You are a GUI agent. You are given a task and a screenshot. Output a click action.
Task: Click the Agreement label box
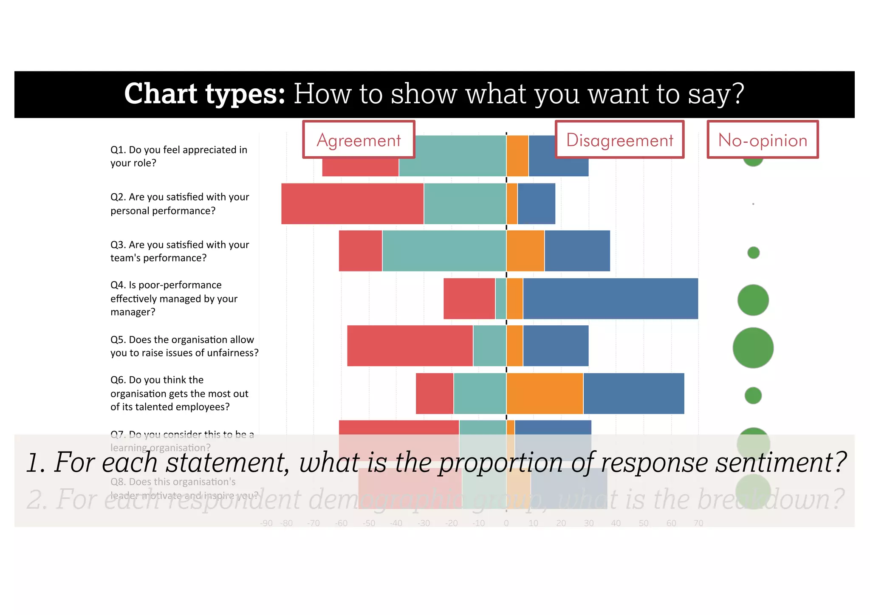(359, 140)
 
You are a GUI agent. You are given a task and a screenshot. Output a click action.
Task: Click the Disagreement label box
(619, 140)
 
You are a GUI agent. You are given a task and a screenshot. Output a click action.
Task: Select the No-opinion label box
(763, 140)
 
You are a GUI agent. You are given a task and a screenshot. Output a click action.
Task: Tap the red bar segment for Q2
(352, 204)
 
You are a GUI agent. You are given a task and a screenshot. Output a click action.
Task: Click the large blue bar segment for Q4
(610, 299)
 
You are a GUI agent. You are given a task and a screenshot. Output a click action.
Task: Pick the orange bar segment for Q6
(545, 393)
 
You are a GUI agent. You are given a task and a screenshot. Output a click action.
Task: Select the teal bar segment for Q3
(444, 251)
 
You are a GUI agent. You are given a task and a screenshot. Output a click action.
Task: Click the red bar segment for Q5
(410, 346)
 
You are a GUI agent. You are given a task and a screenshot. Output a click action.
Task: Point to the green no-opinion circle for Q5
(753, 348)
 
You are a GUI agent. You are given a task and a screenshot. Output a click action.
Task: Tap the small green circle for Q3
(753, 253)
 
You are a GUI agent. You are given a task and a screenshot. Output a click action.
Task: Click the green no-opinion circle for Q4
(753, 300)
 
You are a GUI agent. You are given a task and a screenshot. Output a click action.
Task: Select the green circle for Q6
(753, 395)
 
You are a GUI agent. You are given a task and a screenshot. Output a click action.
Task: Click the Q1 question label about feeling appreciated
(178, 156)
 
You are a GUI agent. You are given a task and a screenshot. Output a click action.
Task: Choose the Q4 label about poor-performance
(174, 299)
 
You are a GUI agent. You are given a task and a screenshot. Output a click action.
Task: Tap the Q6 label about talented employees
(179, 393)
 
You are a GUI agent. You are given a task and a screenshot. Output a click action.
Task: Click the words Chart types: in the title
(204, 94)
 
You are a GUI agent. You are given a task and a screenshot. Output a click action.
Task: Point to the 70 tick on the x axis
(698, 523)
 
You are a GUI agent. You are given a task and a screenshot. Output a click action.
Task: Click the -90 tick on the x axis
(266, 523)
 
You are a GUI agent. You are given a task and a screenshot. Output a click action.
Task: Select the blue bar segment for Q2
(536, 204)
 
